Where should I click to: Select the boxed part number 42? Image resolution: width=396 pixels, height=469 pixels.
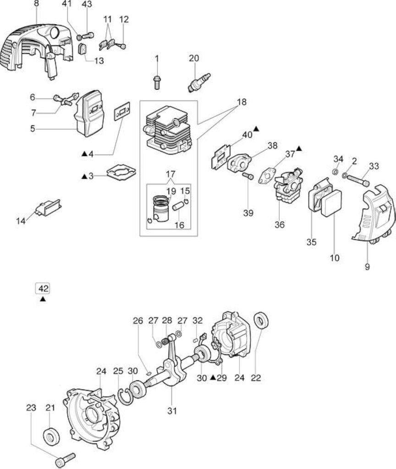point(43,289)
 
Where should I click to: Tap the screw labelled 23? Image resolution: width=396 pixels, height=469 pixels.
point(65,460)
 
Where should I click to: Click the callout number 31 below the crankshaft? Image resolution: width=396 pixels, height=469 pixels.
point(172,411)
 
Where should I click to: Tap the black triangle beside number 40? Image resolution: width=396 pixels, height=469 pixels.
point(256,129)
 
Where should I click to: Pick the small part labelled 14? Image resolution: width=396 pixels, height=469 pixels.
point(48,207)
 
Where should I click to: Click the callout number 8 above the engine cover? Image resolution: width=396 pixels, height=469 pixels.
point(36,4)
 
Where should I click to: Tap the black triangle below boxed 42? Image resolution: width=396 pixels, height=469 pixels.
point(43,299)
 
